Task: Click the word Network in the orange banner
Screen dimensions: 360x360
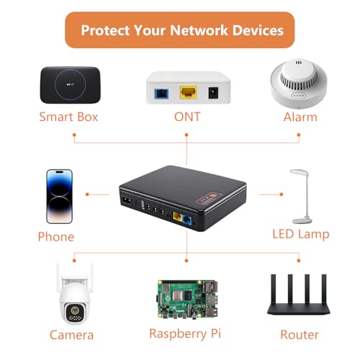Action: pyautogui.click(x=199, y=30)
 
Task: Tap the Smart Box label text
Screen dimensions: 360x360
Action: pyautogui.click(x=68, y=117)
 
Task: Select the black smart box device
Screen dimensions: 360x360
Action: pyautogui.click(x=71, y=85)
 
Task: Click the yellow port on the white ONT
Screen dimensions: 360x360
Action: pyautogui.click(x=189, y=92)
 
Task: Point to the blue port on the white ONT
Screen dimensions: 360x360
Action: pyautogui.click(x=161, y=94)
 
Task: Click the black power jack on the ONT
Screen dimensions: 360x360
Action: pyautogui.click(x=213, y=93)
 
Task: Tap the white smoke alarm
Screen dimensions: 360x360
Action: pyautogui.click(x=299, y=83)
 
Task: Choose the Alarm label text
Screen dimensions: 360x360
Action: pyautogui.click(x=300, y=117)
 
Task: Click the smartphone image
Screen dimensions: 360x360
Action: pyautogui.click(x=59, y=197)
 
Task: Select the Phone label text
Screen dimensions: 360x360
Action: pyautogui.click(x=56, y=237)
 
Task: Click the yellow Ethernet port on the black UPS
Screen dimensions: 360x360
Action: pyautogui.click(x=177, y=217)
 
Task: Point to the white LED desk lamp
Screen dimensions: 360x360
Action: pyautogui.click(x=301, y=196)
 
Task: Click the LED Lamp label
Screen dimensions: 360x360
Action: pyautogui.click(x=301, y=234)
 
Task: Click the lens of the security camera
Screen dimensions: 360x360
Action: pyautogui.click(x=76, y=310)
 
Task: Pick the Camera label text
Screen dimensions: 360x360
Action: pyautogui.click(x=71, y=335)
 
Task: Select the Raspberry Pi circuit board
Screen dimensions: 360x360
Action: pyautogui.click(x=188, y=300)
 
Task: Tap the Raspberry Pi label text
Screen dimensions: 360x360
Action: pyautogui.click(x=185, y=334)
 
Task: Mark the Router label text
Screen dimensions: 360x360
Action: pyautogui.click(x=300, y=335)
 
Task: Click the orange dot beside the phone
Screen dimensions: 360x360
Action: pyautogui.click(x=87, y=194)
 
